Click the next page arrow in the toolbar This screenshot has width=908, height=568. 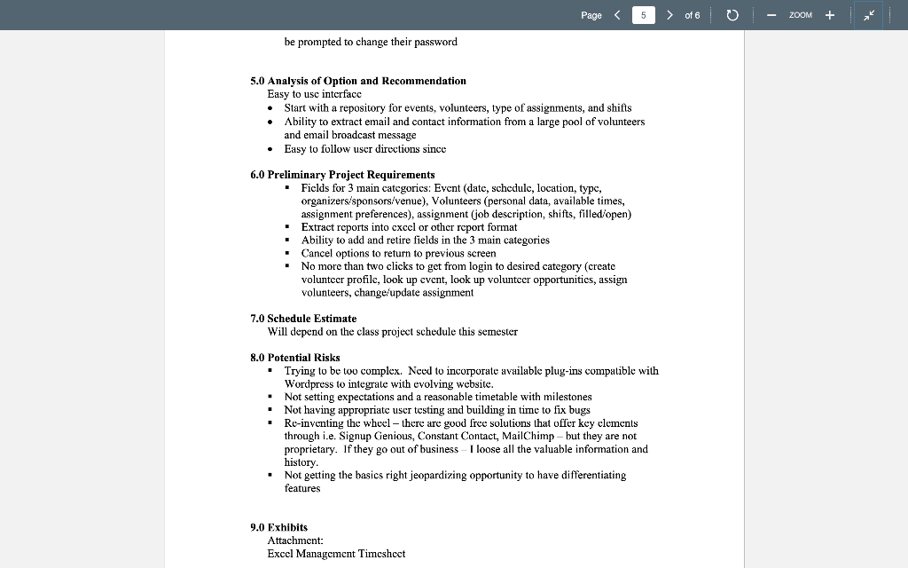pos(669,15)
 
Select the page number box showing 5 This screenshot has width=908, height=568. pos(644,15)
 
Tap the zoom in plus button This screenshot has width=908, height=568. pos(830,15)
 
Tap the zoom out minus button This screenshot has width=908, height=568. pos(771,15)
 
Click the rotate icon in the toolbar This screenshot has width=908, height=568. pos(732,15)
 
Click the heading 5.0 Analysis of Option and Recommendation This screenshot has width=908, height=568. pos(357,81)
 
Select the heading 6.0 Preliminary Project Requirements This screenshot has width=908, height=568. pos(342,175)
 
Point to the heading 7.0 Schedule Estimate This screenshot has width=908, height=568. pos(303,319)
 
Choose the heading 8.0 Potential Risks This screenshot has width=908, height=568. pos(294,358)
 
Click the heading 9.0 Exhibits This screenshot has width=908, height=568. pos(278,527)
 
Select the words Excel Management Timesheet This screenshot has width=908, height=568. pos(336,554)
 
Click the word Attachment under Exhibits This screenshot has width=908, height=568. pos(294,540)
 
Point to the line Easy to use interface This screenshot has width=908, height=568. pos(314,94)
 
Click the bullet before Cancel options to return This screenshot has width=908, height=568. pos(287,253)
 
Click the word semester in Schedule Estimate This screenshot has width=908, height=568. pos(497,332)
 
